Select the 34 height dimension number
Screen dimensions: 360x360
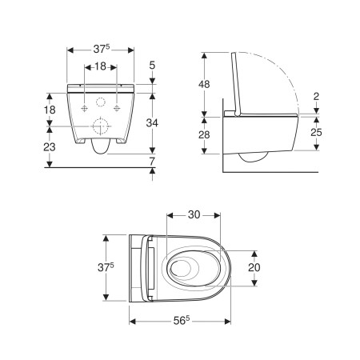click(x=153, y=122)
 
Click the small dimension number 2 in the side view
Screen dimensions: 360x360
click(x=318, y=96)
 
